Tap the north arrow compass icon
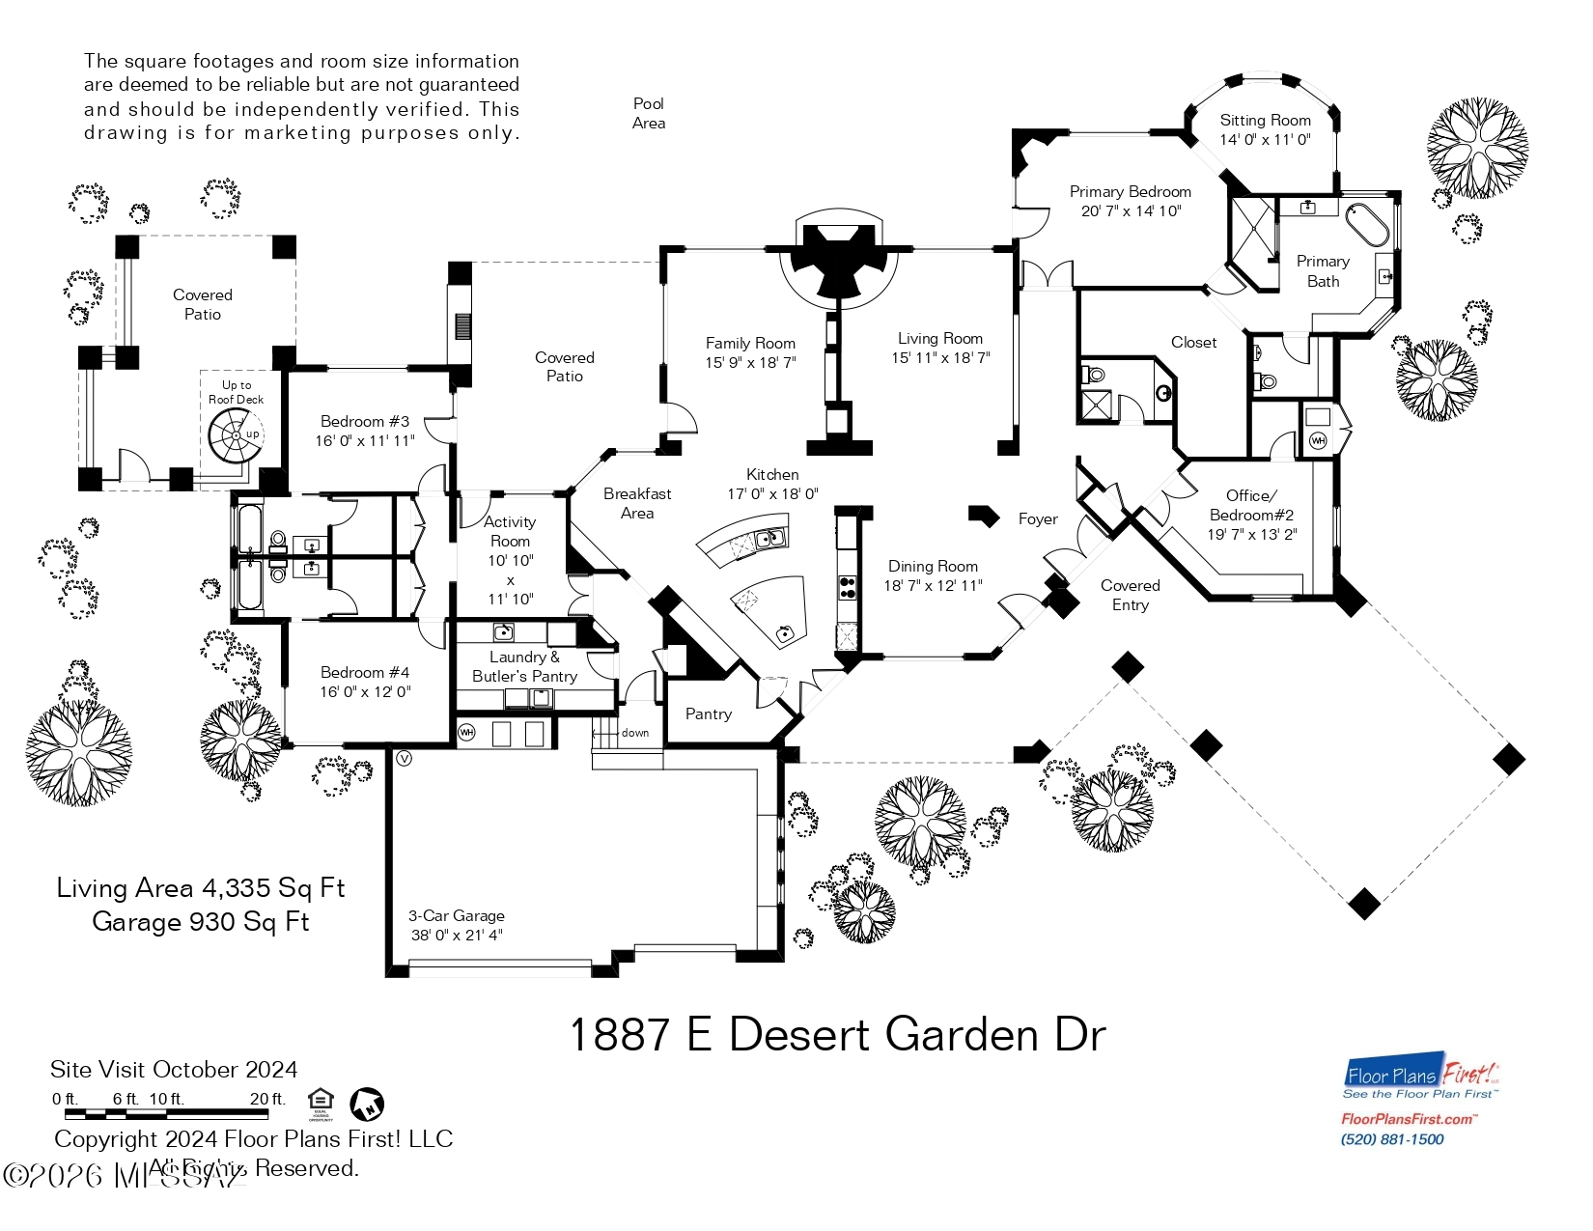point(367,1104)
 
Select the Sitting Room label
point(1265,121)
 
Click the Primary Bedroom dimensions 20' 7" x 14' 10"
point(1131,211)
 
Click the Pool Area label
point(649,113)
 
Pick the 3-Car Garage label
point(456,915)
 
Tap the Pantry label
point(709,714)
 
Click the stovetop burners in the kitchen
point(847,588)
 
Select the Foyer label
point(1038,519)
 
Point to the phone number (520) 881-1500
point(1392,1139)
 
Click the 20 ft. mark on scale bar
point(267,1100)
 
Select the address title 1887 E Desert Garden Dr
point(837,1035)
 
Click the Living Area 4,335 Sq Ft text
point(201,888)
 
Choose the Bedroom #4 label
point(365,672)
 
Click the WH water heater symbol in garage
point(467,732)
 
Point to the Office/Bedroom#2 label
point(1251,505)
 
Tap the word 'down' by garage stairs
point(635,733)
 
